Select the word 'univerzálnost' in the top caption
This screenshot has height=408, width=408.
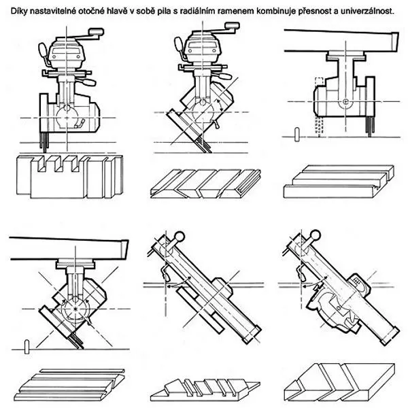click(368, 6)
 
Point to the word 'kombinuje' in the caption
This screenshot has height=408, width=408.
click(267, 6)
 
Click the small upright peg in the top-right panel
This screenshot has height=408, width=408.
click(297, 134)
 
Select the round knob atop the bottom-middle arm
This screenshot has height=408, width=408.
click(178, 236)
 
